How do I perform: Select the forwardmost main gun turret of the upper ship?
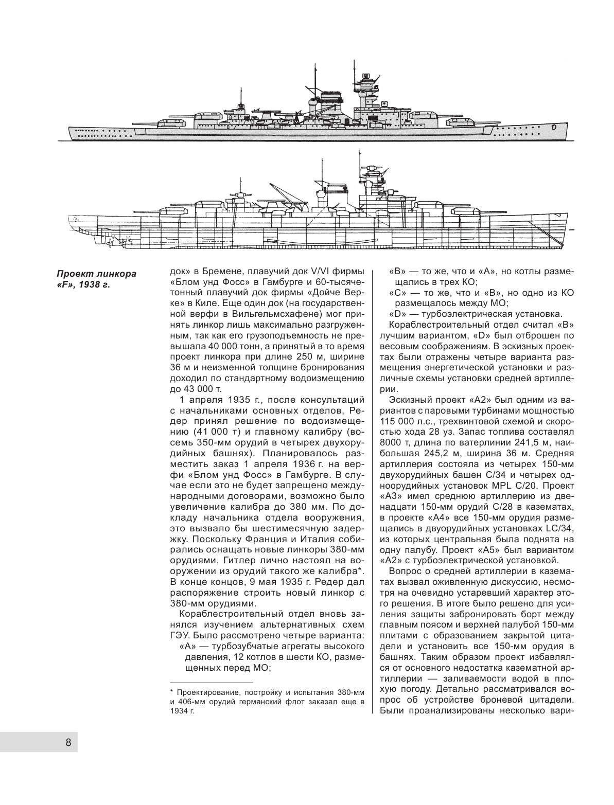click(460, 122)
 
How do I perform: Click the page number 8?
click(68, 742)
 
